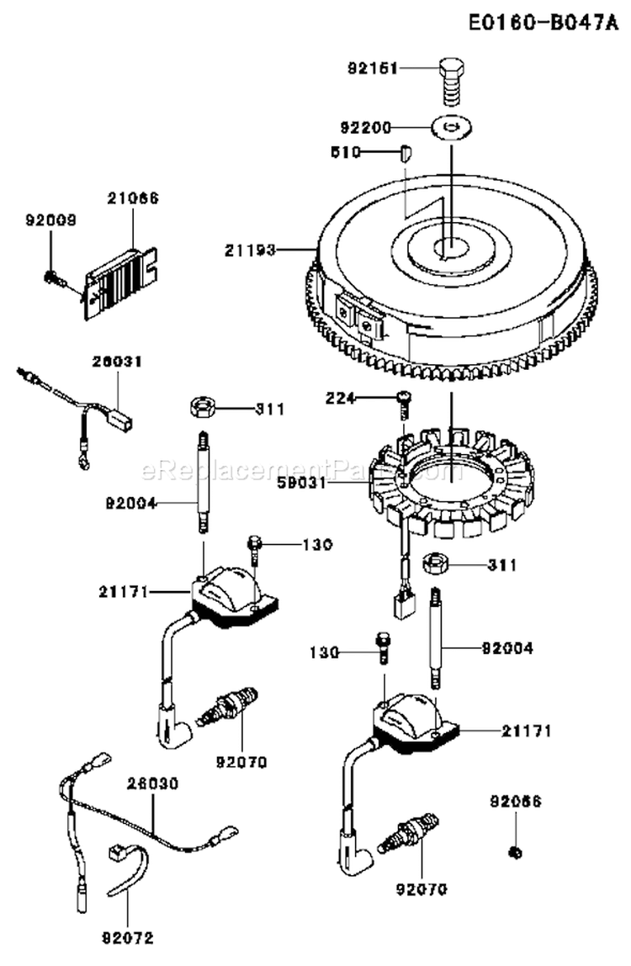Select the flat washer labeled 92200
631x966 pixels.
pos(452,128)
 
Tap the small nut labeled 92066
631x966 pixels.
pos(516,853)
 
